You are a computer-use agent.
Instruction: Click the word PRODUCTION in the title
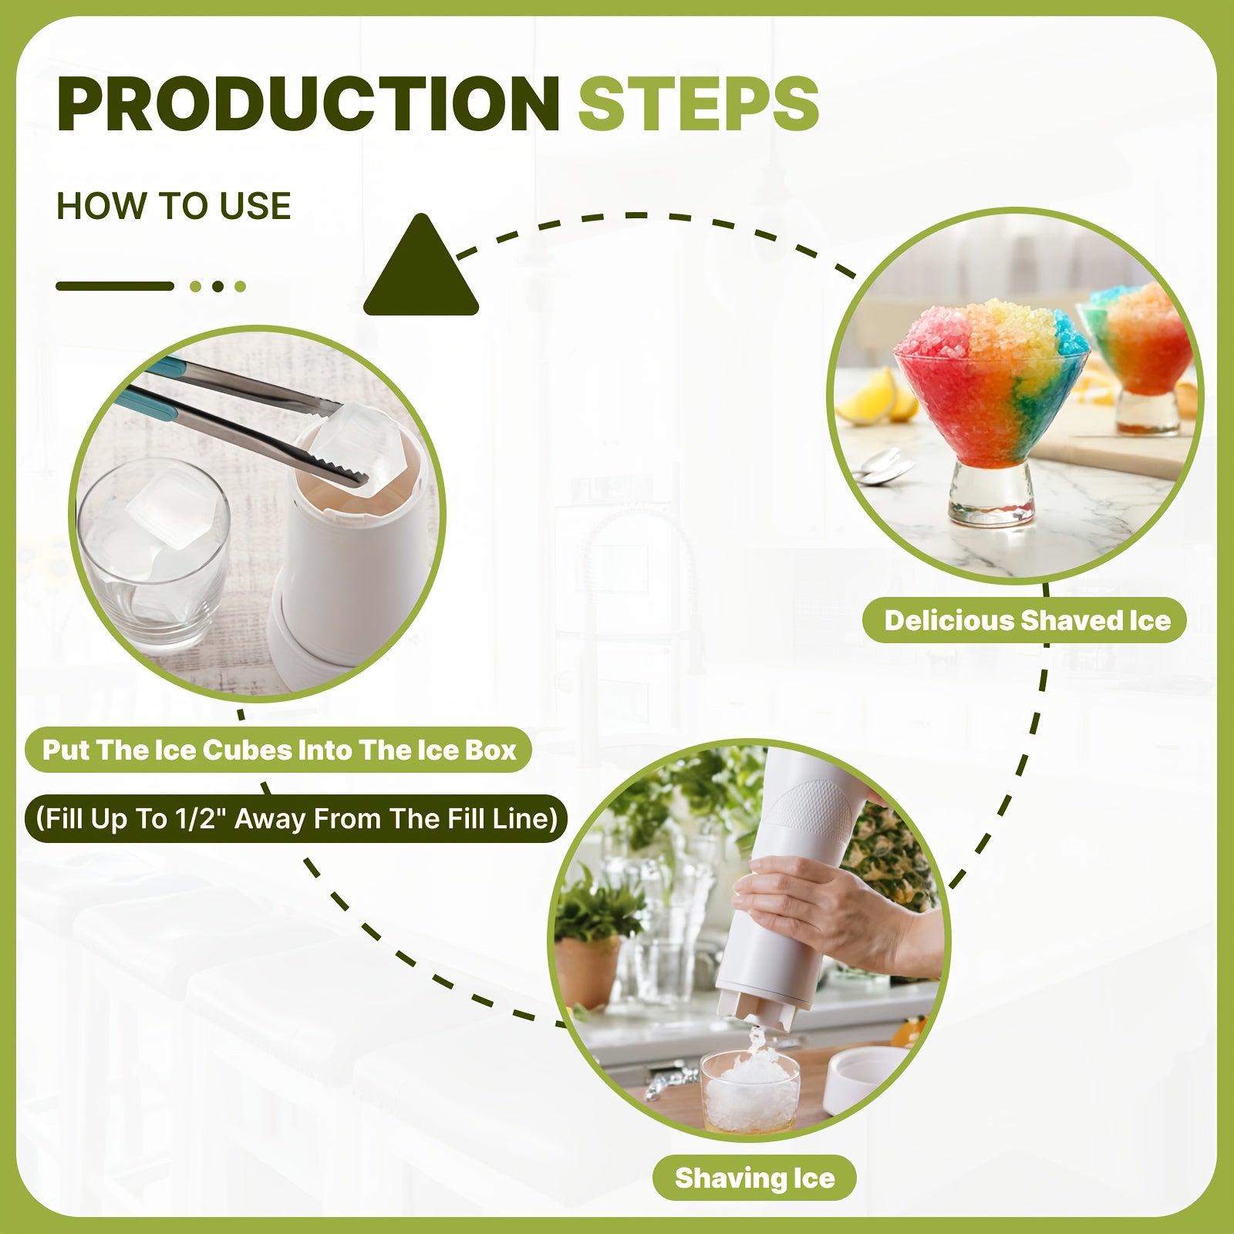[308, 104]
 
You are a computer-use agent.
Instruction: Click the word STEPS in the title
[699, 104]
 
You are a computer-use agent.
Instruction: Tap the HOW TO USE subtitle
[174, 206]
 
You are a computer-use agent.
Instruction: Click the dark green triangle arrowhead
[421, 266]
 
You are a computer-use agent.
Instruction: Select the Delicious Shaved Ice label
[1027, 620]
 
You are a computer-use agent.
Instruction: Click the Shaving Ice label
[754, 1178]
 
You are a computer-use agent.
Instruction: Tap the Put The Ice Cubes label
[278, 750]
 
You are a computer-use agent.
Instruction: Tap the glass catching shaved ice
[750, 1090]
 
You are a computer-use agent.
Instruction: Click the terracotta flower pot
[587, 973]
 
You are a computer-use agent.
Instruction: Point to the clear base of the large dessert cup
[992, 494]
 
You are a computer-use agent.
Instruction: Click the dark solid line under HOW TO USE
[115, 286]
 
